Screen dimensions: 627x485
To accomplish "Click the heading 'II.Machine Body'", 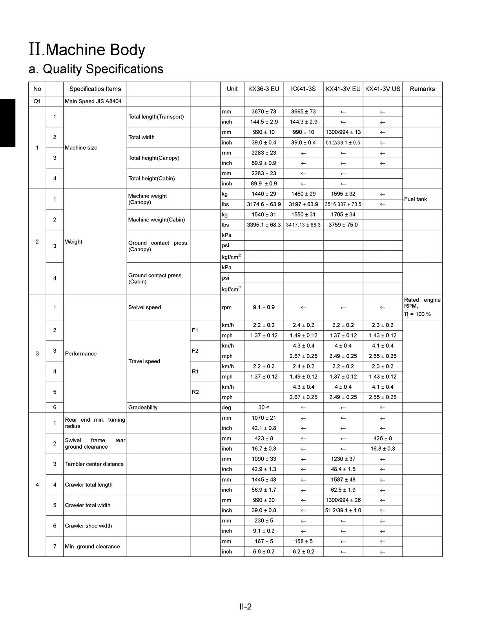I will click(x=87, y=50).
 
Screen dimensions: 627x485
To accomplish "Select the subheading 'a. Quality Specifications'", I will click(x=96, y=69).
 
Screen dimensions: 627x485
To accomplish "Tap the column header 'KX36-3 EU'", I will click(x=264, y=89).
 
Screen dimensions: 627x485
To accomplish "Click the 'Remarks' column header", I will click(x=422, y=89).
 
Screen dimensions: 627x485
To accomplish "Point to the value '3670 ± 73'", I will click(x=264, y=112).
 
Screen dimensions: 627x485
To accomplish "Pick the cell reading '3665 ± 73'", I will click(x=303, y=112).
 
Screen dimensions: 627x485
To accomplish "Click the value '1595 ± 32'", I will click(x=343, y=194).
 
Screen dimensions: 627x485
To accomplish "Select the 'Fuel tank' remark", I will click(x=415, y=199).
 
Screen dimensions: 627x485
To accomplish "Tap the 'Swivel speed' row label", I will click(x=144, y=307).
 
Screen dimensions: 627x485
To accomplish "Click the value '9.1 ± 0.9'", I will click(x=264, y=307).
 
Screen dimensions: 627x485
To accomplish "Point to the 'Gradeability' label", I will click(x=143, y=408).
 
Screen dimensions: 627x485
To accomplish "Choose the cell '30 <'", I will click(x=264, y=408).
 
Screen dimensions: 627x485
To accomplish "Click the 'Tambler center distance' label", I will click(x=94, y=464).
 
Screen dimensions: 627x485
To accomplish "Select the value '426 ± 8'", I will click(x=383, y=439).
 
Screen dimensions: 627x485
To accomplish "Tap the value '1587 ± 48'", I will click(x=343, y=480).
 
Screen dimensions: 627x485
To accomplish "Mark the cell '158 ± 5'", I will click(x=303, y=542).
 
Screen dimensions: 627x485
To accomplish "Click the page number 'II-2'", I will click(x=246, y=607).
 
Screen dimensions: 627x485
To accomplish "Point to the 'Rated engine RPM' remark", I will click(x=422, y=303).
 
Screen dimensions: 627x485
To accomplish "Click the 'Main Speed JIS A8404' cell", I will click(x=93, y=101).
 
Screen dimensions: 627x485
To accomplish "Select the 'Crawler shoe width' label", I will click(x=88, y=526).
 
